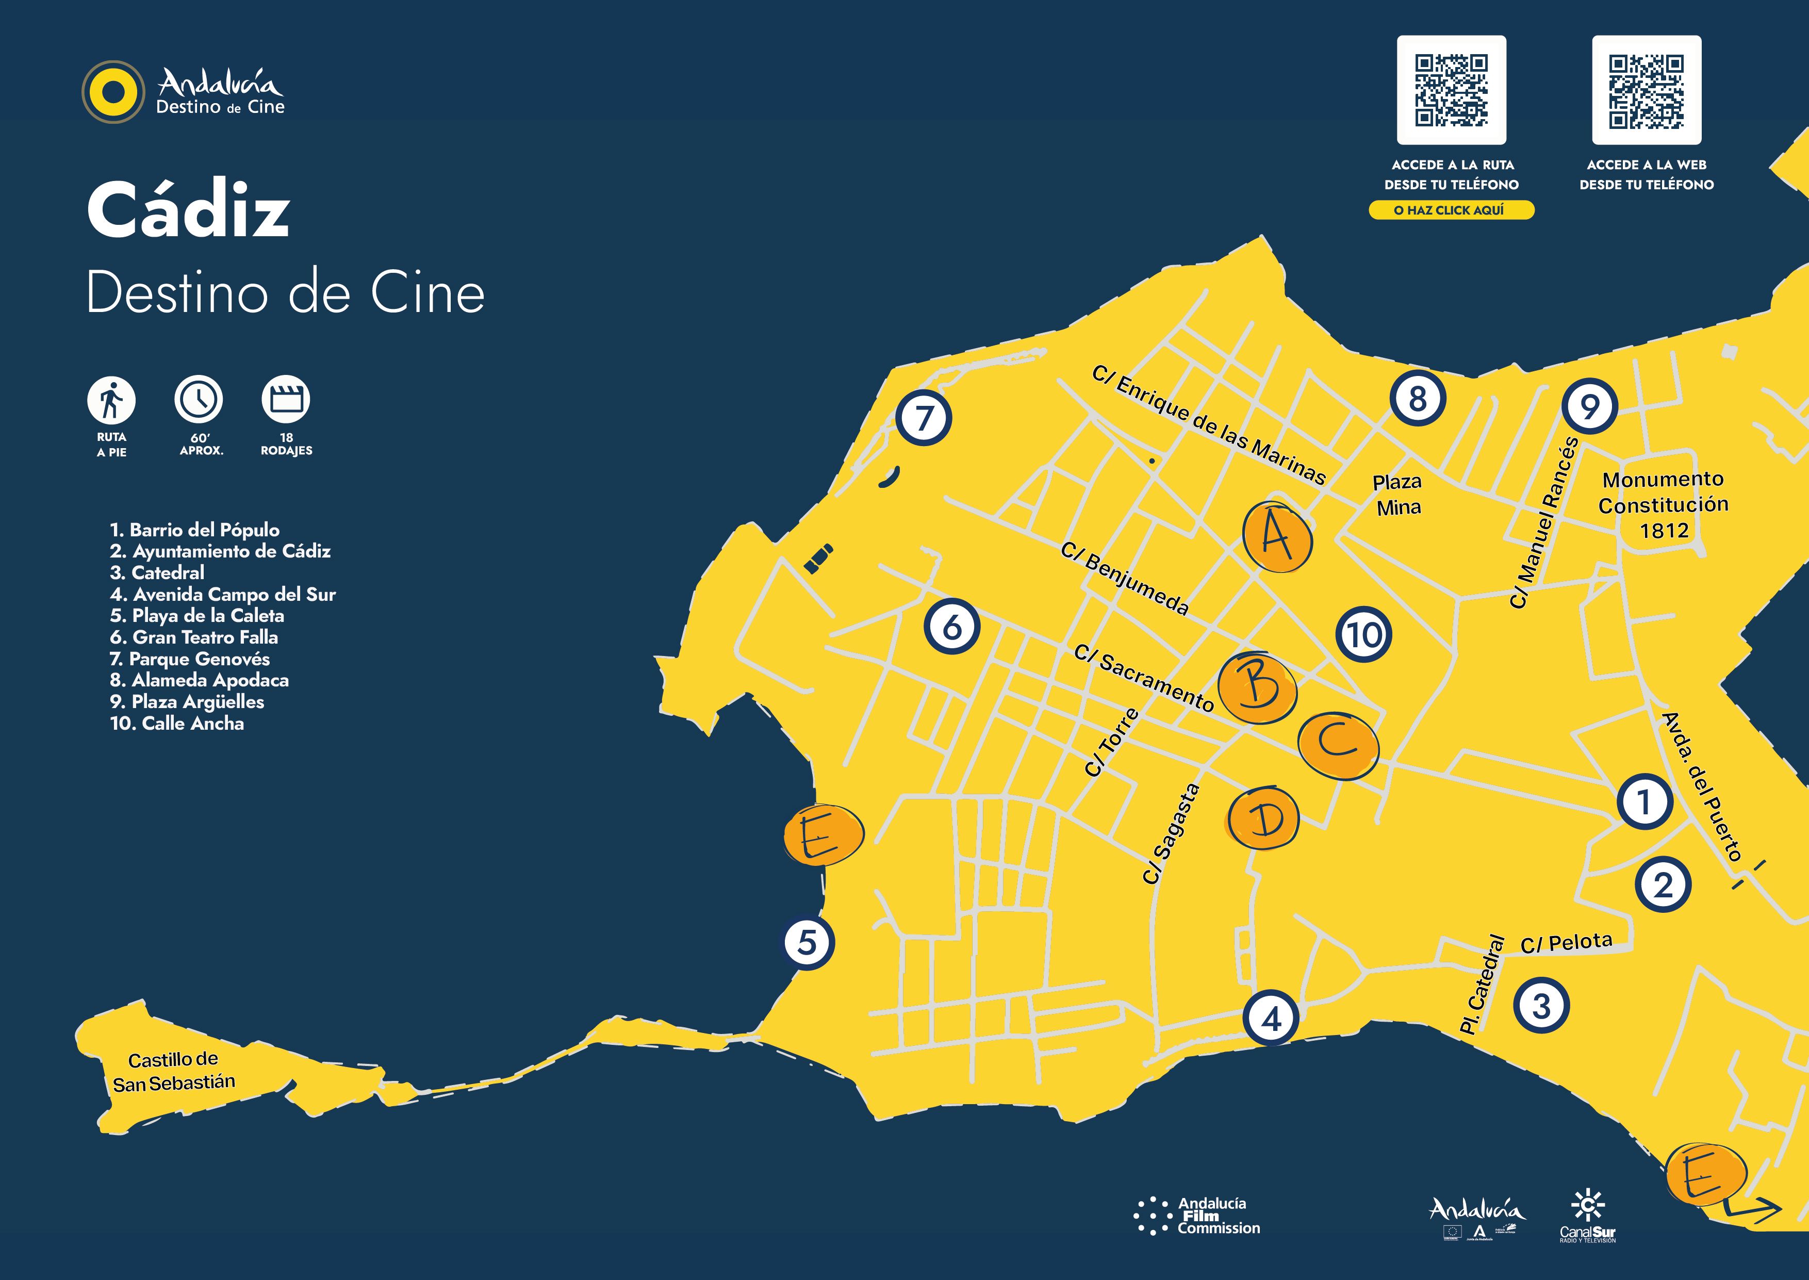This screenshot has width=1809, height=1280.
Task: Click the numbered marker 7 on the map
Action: pos(924,418)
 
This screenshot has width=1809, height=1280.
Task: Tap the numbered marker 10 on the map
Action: pos(1363,634)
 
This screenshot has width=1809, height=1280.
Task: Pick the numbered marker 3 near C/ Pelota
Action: pos(1541,1006)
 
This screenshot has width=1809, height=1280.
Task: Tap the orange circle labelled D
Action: pos(1264,819)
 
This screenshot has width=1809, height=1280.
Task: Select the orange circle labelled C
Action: pos(1338,745)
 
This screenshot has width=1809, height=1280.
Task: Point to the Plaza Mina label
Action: pos(1397,494)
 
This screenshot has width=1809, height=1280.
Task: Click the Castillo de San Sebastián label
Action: pos(173,1072)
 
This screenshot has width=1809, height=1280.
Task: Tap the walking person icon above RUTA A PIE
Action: pos(111,400)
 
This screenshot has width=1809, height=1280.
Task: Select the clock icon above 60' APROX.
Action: pos(199,400)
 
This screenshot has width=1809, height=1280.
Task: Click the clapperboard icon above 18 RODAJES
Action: pos(286,400)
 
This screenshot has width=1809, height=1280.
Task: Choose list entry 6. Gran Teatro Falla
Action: pos(194,637)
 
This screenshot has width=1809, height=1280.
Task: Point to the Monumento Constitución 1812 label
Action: pos(1663,504)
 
